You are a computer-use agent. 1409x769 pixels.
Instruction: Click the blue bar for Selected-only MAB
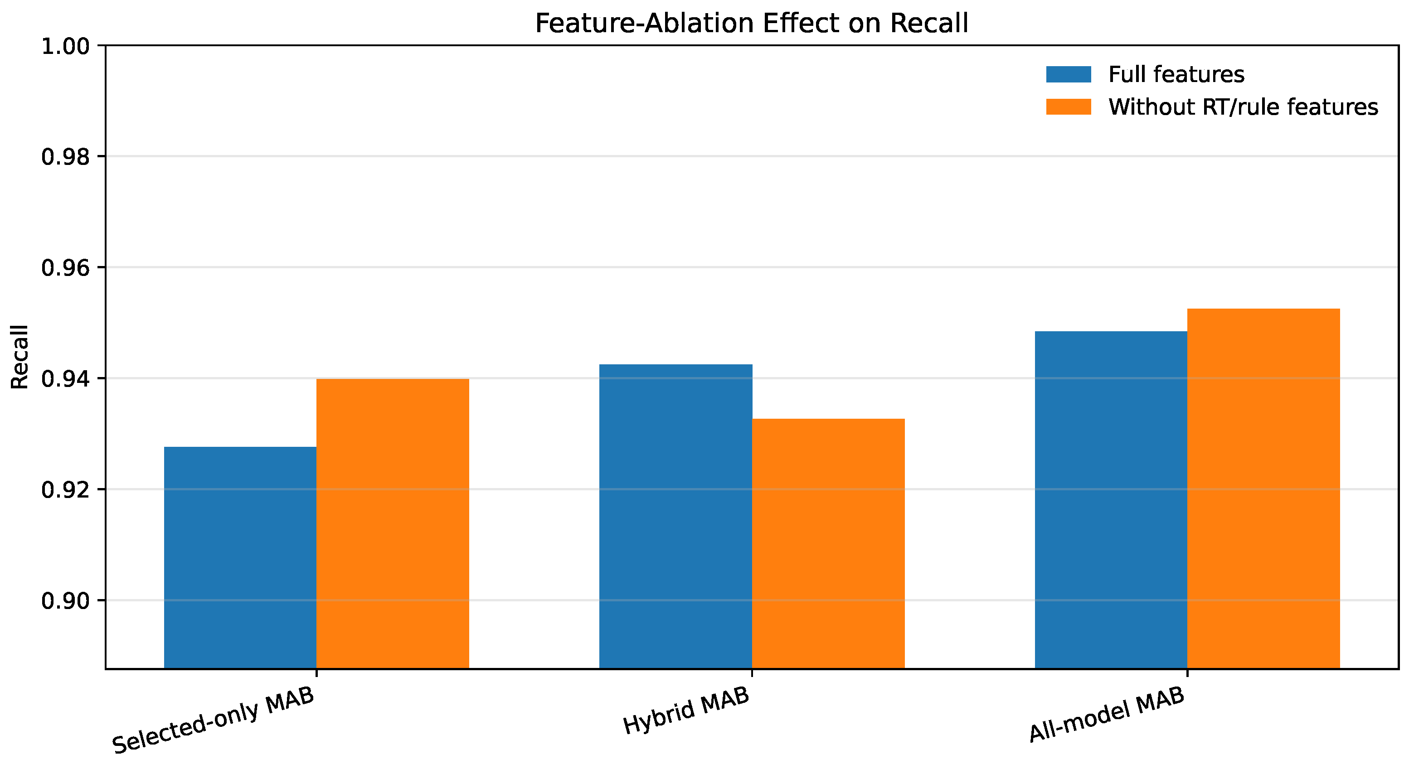point(240,557)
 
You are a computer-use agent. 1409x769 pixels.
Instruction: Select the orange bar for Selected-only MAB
point(393,523)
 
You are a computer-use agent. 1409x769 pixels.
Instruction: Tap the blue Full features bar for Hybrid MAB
point(675,517)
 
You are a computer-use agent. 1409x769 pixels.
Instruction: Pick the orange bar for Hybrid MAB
point(828,544)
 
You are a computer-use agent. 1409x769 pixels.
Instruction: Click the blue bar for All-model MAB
point(1111,499)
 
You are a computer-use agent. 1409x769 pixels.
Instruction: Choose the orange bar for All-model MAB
point(1263,488)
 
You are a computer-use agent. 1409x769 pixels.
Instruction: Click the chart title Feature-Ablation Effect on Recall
point(752,24)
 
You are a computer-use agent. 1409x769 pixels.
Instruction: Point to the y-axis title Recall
point(19,357)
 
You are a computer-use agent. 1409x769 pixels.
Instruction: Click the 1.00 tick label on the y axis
point(66,47)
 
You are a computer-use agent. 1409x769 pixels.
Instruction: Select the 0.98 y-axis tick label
point(66,157)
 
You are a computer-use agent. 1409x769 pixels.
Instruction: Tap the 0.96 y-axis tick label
point(66,268)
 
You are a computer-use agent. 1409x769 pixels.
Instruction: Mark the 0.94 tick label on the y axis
point(66,379)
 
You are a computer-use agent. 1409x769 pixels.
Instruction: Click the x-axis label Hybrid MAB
point(686,711)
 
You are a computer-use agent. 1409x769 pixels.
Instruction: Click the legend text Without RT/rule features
point(1243,107)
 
